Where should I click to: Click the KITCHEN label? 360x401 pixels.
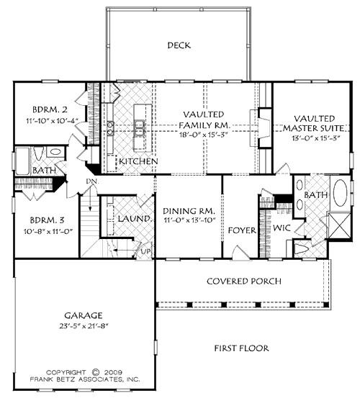click(138, 161)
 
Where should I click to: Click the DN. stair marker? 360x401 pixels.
click(91, 181)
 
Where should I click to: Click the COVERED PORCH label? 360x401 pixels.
click(244, 281)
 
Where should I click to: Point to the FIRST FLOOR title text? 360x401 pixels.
click(241, 348)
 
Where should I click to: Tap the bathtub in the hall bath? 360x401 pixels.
click(22, 157)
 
